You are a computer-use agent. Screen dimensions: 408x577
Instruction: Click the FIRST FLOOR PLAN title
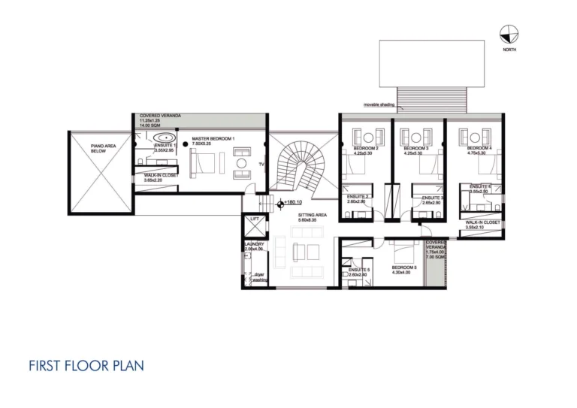(86, 366)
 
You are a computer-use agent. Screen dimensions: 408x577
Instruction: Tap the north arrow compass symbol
(509, 34)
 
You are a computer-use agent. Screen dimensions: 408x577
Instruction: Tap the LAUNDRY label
(254, 244)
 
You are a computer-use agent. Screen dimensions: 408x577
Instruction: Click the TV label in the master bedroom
(260, 163)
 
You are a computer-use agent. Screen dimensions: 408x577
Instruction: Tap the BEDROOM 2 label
(365, 149)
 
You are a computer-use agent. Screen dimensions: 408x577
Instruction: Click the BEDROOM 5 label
(404, 267)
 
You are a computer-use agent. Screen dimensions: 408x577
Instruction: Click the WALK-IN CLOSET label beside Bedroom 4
(482, 222)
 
